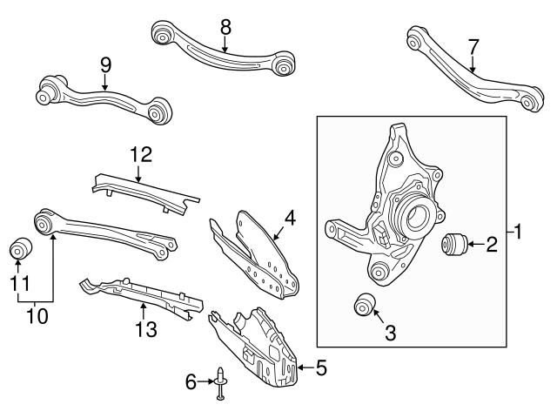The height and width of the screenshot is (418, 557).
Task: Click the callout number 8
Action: point(225,26)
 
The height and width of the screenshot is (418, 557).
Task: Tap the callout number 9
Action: point(105,64)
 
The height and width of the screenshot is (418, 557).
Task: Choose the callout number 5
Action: point(321,369)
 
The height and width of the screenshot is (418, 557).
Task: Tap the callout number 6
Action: point(192,381)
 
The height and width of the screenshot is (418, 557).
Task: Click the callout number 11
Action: point(17,283)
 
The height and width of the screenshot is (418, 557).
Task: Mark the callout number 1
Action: point(520,232)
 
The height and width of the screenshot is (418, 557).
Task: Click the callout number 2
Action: point(491,246)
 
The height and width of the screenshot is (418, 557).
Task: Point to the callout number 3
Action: point(390,332)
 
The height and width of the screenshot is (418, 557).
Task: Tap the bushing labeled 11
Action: point(19,249)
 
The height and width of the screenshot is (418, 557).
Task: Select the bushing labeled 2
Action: point(455,246)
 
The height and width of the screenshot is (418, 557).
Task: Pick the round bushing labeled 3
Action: point(364,305)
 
